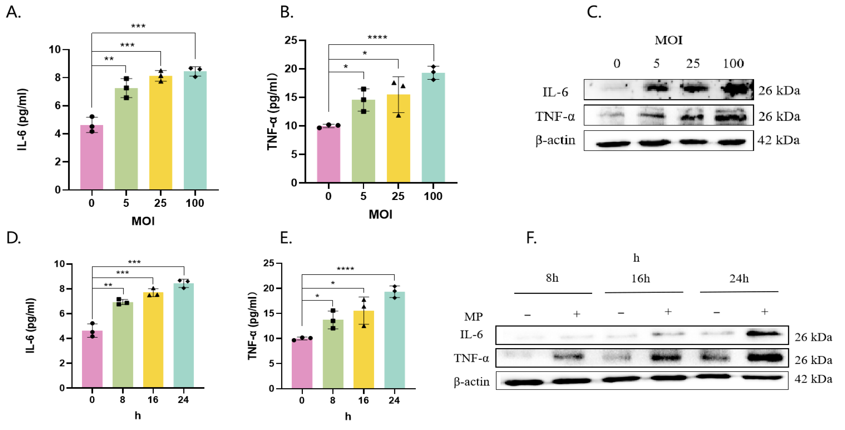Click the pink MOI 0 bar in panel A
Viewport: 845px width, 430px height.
91,157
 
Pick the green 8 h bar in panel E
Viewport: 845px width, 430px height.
333,354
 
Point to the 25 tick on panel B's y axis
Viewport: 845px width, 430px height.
291,40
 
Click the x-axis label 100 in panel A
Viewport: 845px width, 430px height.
195,203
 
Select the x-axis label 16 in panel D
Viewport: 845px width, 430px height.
153,400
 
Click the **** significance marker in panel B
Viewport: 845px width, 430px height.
377,37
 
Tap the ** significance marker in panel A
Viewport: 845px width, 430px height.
109,59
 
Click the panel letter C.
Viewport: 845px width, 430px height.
594,12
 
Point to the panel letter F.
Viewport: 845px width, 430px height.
531,238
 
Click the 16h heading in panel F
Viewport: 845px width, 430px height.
640,279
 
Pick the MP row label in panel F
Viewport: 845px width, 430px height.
473,317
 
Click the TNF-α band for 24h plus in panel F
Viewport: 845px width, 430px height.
764,357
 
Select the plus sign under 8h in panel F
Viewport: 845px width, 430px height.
576,314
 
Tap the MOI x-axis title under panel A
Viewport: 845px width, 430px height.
143,221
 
